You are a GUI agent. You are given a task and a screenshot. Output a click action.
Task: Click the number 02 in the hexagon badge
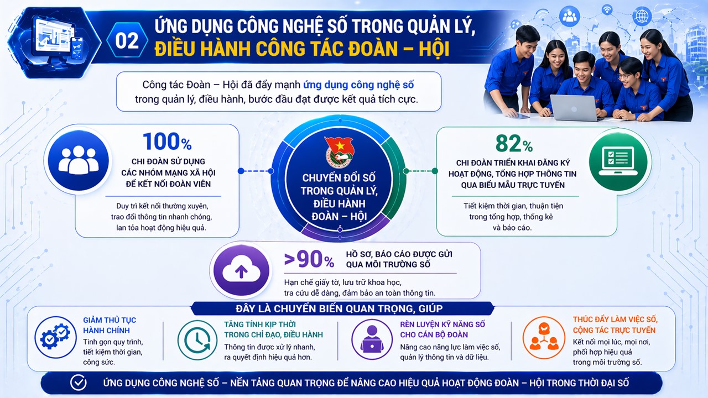(127, 41)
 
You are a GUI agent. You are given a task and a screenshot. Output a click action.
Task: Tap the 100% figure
(167, 142)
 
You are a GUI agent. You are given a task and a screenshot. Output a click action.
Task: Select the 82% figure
(514, 144)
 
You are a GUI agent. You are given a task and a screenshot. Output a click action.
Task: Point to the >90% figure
(309, 259)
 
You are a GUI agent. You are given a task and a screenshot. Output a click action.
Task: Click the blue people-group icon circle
(79, 160)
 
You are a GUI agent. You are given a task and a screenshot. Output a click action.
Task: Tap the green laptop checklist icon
(618, 161)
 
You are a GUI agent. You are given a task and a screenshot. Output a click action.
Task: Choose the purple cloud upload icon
(242, 271)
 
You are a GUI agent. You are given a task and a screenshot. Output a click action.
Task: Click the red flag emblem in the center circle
(339, 152)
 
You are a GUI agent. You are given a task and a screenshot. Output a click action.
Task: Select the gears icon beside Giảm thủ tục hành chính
(56, 337)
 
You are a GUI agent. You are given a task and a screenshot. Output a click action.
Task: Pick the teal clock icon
(197, 340)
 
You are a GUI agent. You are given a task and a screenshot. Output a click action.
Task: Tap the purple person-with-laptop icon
(372, 339)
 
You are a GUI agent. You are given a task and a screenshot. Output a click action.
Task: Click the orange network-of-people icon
(544, 338)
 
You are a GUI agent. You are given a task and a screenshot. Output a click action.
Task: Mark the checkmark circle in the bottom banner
(78, 383)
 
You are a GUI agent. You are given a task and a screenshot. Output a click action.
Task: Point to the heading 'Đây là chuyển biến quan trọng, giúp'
(339, 308)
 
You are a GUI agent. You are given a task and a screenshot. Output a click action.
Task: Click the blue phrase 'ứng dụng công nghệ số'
(358, 85)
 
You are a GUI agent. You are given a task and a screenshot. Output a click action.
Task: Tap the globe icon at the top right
(642, 16)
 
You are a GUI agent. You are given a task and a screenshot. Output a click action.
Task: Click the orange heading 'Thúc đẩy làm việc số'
(615, 320)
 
